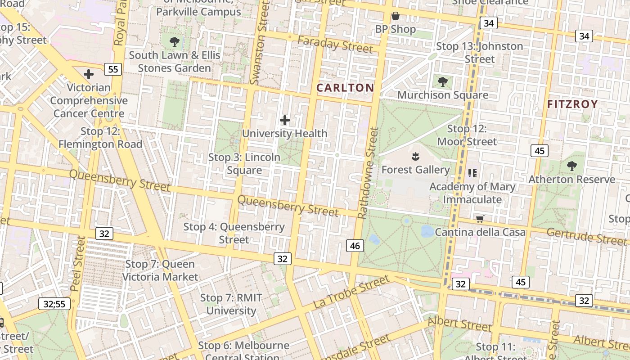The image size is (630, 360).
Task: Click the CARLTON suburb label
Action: (345, 88)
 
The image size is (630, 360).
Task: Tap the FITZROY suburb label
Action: (572, 104)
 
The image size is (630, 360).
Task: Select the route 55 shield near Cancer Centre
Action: (112, 69)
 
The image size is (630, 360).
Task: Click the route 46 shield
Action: (355, 246)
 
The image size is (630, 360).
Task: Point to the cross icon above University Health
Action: (285, 120)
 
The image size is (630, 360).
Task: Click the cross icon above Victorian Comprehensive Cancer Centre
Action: (89, 74)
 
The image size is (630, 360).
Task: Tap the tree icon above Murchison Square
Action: (443, 81)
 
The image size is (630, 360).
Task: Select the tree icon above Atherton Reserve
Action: (572, 166)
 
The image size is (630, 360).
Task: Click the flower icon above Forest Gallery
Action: (415, 157)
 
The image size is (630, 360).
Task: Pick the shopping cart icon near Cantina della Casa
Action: (480, 219)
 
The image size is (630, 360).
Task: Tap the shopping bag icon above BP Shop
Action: (396, 16)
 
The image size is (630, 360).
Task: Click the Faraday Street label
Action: (335, 44)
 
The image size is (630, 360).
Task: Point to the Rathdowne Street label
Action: (368, 173)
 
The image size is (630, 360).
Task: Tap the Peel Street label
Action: (77, 264)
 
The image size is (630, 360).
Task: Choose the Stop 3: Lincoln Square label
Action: (244, 164)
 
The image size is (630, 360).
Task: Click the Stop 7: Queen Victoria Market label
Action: (160, 270)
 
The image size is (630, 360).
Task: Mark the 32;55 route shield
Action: (54, 304)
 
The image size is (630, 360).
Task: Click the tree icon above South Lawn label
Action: (175, 42)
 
